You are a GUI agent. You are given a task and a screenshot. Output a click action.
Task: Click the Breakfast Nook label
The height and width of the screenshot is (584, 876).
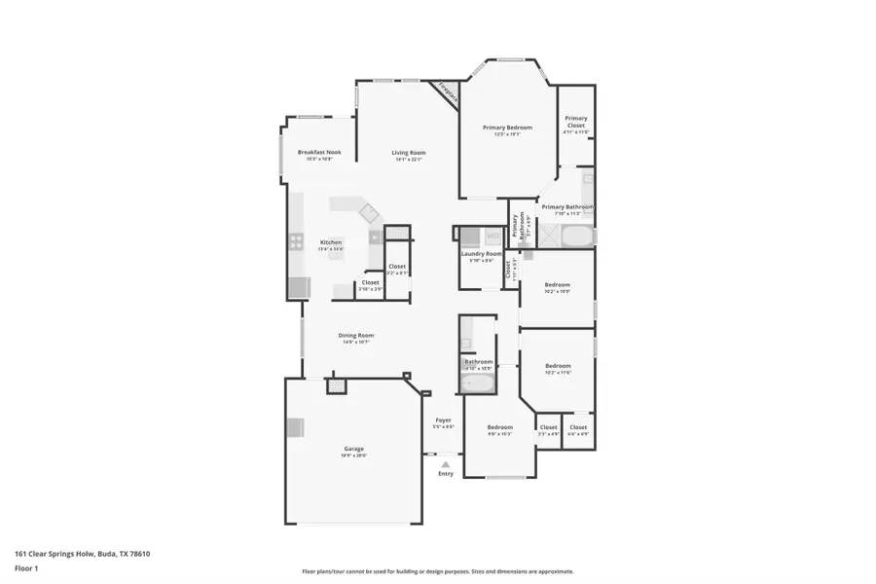(x=319, y=153)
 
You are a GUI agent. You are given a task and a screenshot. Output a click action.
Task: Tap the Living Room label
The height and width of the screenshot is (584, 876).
(x=409, y=153)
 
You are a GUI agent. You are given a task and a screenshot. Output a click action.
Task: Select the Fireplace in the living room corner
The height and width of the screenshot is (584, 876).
(x=447, y=92)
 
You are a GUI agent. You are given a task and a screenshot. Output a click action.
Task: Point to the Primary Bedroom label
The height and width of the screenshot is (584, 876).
(x=507, y=128)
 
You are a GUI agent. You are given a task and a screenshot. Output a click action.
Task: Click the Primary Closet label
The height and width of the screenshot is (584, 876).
(x=576, y=122)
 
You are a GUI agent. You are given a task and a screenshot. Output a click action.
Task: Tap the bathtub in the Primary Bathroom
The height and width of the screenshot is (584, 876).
(x=576, y=237)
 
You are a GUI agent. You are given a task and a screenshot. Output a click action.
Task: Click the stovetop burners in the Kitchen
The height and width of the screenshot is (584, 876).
(x=295, y=242)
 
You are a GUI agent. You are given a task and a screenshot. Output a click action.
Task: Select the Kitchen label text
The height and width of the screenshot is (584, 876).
(x=331, y=242)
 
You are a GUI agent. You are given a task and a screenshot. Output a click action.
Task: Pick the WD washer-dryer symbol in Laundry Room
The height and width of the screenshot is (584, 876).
(x=493, y=236)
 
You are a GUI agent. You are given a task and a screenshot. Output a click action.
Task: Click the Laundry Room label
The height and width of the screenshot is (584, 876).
(x=481, y=254)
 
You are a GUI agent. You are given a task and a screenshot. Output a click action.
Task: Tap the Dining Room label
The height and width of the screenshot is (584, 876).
(x=356, y=336)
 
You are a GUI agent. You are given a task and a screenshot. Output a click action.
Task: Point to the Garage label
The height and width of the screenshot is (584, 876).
(x=353, y=449)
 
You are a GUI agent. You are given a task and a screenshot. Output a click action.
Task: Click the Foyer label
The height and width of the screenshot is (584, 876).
(x=443, y=420)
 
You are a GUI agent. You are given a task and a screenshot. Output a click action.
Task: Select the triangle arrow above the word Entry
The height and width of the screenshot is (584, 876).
(x=445, y=464)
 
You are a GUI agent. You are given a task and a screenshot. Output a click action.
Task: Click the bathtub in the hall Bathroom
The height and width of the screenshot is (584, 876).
(x=478, y=385)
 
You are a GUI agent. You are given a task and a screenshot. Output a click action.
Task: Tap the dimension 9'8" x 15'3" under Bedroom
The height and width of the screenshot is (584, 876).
(x=499, y=434)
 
